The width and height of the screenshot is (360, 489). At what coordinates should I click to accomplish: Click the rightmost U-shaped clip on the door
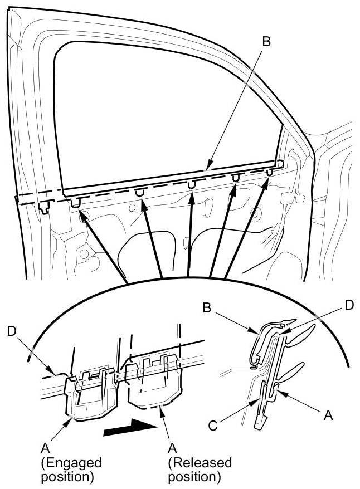click(269, 173)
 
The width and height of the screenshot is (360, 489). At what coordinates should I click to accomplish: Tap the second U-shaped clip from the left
click(139, 193)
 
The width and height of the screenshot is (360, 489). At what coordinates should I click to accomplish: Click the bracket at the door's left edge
click(45, 207)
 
